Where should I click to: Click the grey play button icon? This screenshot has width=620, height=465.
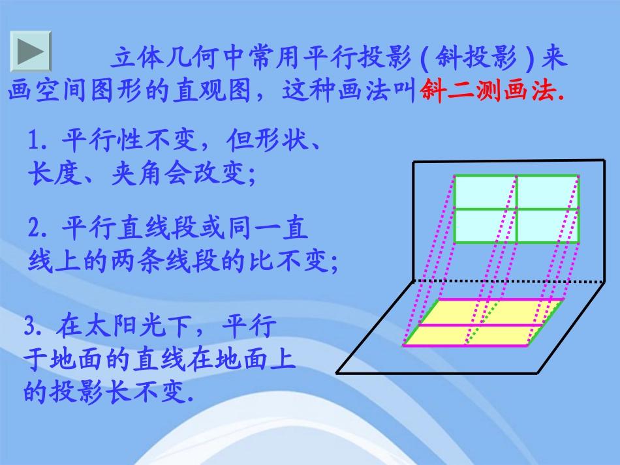tap(30, 51)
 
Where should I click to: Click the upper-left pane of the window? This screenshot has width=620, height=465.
tap(485, 192)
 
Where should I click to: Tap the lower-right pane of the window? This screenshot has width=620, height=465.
tap(547, 226)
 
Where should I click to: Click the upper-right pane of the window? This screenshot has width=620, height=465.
tap(547, 192)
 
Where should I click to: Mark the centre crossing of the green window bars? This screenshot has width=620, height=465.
tap(516, 209)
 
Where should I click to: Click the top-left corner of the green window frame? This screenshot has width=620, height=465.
tap(454, 175)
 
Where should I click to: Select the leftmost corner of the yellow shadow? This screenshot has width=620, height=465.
tap(403, 344)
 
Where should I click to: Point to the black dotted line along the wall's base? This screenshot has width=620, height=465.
tap(509, 282)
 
